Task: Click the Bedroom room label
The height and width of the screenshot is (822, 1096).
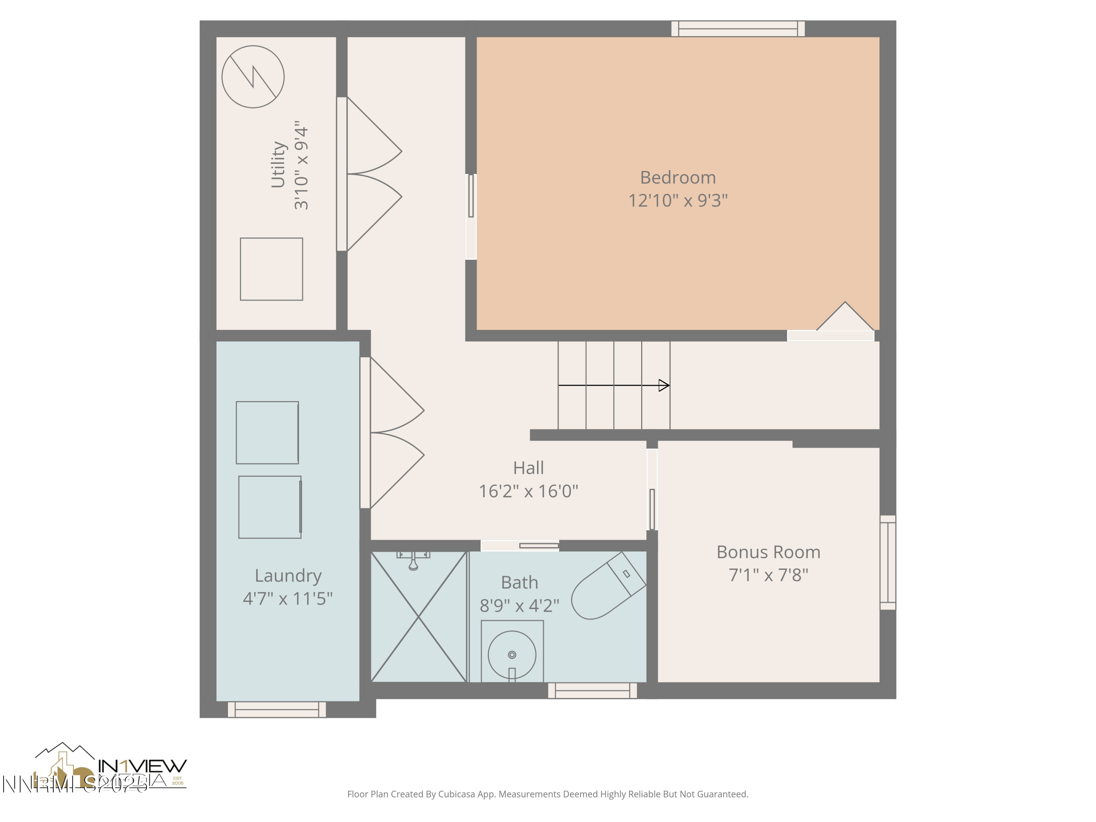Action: [x=677, y=178]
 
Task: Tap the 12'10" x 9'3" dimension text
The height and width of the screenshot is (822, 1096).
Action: [x=677, y=201]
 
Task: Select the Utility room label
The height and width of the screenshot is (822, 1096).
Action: [x=278, y=165]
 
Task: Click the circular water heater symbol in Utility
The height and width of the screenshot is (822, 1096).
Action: [x=253, y=77]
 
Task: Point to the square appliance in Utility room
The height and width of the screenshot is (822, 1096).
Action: [x=271, y=269]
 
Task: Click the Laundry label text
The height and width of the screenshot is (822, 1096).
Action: [x=288, y=576]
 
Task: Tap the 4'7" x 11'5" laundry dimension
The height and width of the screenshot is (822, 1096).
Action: [x=288, y=598]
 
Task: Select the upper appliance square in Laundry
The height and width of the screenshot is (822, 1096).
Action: [x=267, y=433]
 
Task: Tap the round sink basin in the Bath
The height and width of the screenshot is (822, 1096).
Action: [x=512, y=655]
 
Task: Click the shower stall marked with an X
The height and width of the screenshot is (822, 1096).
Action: [x=419, y=617]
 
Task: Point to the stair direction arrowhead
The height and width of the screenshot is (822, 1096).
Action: [x=664, y=385]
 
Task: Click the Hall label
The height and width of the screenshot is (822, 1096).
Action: [x=528, y=468]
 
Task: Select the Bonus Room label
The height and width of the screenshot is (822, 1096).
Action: [x=768, y=552]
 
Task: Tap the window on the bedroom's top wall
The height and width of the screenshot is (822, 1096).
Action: [x=738, y=29]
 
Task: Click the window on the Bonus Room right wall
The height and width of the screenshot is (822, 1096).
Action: [x=887, y=562]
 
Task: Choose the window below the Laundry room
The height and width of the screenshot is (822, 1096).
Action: [x=277, y=709]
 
